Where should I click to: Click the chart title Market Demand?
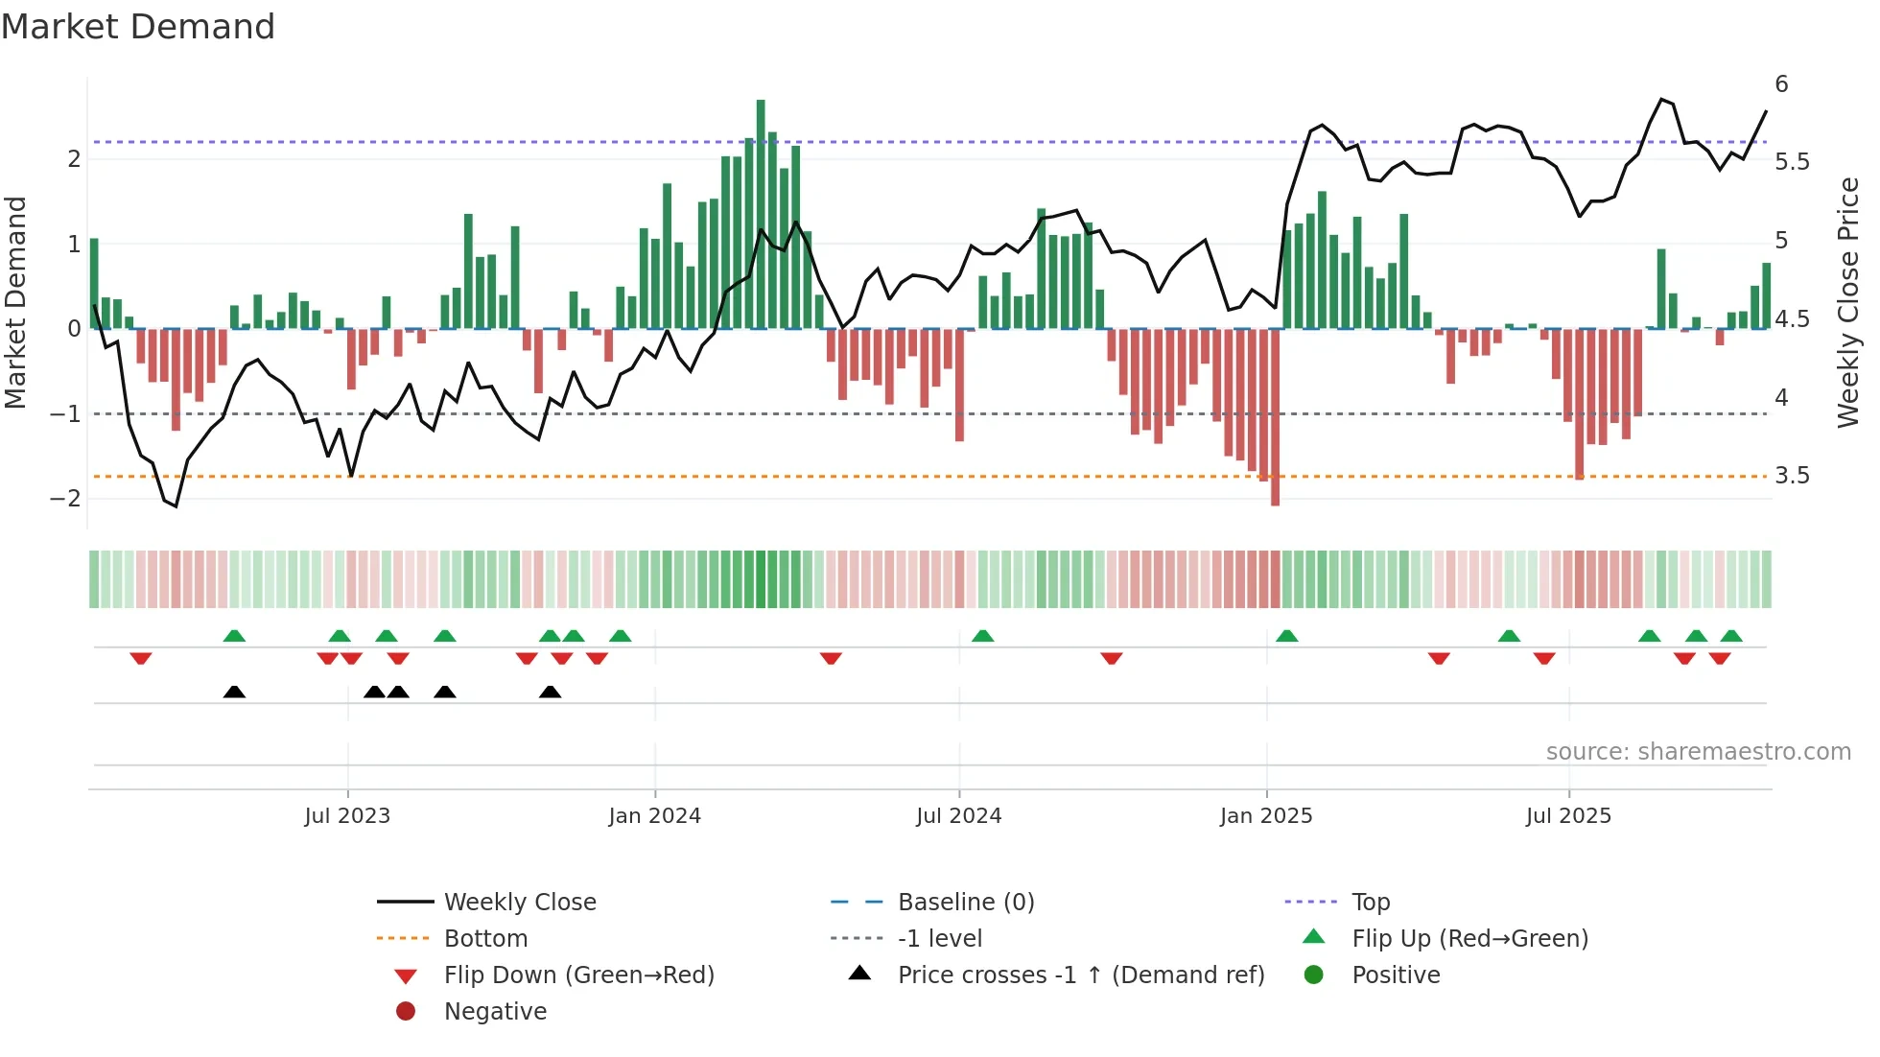pyautogui.click(x=138, y=27)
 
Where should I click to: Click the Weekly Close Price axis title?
pyautogui.click(x=1847, y=302)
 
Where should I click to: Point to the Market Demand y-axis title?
pyautogui.click(x=16, y=302)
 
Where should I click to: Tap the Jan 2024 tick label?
pyautogui.click(x=654, y=816)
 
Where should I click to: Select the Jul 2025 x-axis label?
pyautogui.click(x=1568, y=816)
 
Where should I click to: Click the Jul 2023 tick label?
pyautogui.click(x=347, y=816)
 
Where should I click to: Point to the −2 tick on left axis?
pyautogui.click(x=65, y=498)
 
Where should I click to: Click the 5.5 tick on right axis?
pyautogui.click(x=1792, y=162)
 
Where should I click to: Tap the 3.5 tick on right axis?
pyautogui.click(x=1792, y=476)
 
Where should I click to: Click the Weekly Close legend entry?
pyautogui.click(x=519, y=903)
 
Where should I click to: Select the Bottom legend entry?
pyautogui.click(x=485, y=939)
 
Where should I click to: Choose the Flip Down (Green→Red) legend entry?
pyautogui.click(x=578, y=975)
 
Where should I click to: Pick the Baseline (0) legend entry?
pyautogui.click(x=965, y=903)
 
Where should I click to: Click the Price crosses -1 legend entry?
pyautogui.click(x=1080, y=975)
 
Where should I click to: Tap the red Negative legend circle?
pyautogui.click(x=406, y=1012)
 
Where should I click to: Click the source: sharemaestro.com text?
pyautogui.click(x=1698, y=752)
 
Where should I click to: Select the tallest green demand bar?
pyautogui.click(x=761, y=213)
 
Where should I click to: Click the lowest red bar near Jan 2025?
pyautogui.click(x=1275, y=416)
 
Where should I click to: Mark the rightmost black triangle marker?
pyautogui.click(x=550, y=693)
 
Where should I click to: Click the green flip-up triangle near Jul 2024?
pyautogui.click(x=982, y=636)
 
